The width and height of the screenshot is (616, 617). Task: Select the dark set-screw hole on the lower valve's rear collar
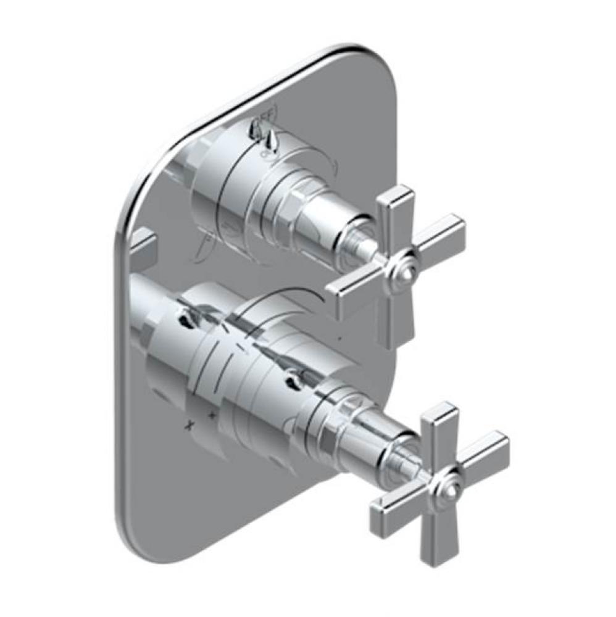185,318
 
